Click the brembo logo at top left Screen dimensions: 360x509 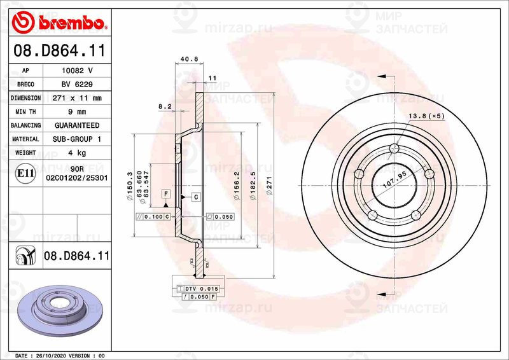click(x=59, y=23)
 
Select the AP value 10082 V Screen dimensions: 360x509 click(x=77, y=71)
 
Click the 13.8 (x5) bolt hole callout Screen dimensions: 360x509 click(x=426, y=116)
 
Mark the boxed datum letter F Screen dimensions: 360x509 click(x=165, y=193)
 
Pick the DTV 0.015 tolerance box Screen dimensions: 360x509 click(x=202, y=289)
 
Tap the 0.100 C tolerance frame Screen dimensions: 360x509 click(x=154, y=217)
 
